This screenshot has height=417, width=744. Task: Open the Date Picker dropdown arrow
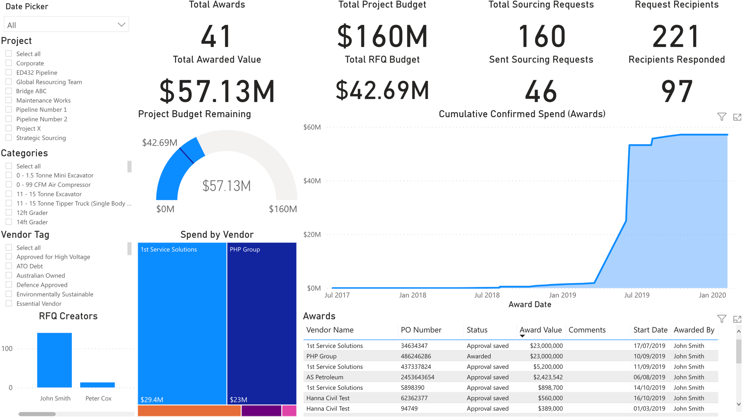(121, 25)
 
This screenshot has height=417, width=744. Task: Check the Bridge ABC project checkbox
(9, 91)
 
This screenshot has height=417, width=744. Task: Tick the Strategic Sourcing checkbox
(9, 138)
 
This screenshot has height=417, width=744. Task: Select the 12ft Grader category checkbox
(9, 212)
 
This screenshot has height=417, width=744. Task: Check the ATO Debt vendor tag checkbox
(9, 266)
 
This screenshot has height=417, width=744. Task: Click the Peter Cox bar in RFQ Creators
(98, 385)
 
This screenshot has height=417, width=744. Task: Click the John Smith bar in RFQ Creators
(54, 360)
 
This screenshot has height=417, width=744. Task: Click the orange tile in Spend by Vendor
(189, 411)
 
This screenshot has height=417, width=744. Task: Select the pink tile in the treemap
(289, 411)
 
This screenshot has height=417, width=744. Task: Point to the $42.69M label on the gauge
(160, 143)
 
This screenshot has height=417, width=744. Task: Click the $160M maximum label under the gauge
(283, 209)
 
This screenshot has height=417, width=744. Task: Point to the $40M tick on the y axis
(312, 181)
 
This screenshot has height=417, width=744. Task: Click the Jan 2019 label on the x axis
(562, 295)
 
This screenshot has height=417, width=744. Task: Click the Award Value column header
(540, 330)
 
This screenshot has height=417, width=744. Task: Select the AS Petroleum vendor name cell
(324, 377)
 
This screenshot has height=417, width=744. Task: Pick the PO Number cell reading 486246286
(416, 356)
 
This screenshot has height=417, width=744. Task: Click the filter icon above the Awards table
(722, 319)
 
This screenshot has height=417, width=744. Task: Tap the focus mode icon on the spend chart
(737, 117)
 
